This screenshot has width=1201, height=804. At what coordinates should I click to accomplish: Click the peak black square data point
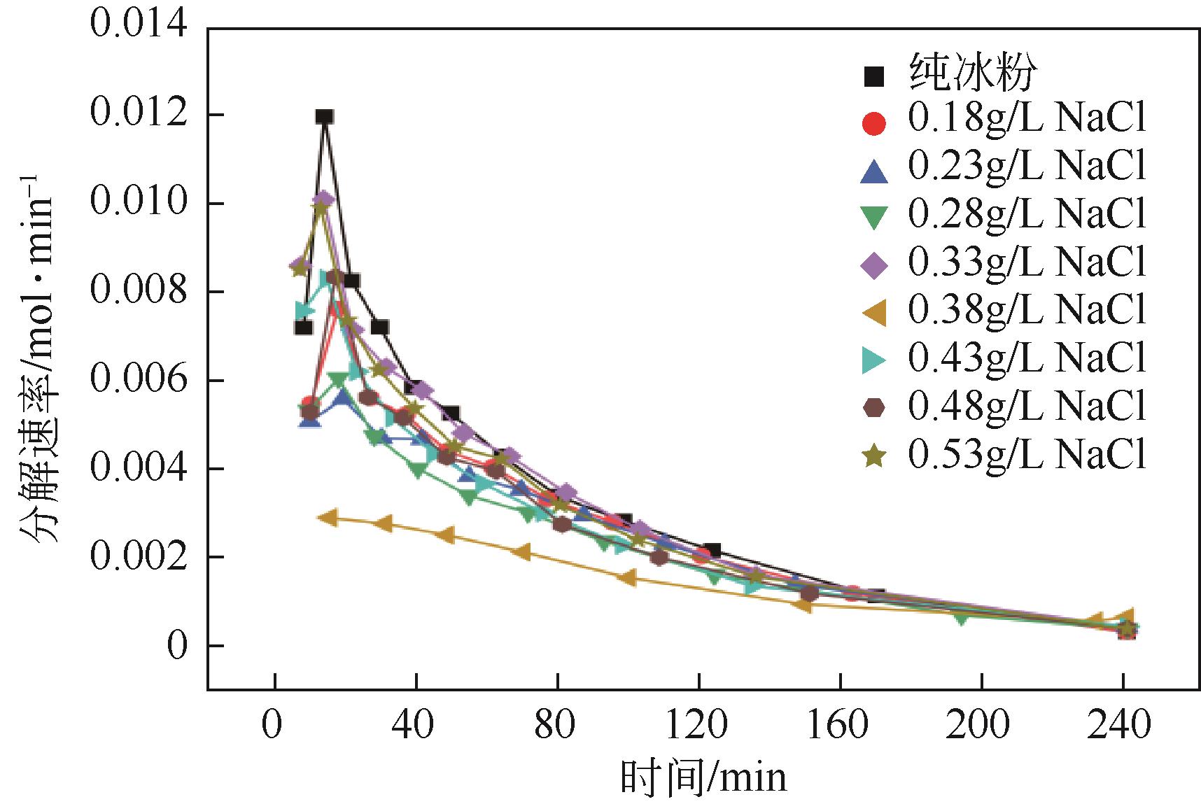(x=324, y=117)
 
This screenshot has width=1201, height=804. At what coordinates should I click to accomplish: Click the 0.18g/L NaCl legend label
(x=1027, y=120)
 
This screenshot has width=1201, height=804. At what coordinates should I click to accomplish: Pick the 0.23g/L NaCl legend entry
(x=1027, y=167)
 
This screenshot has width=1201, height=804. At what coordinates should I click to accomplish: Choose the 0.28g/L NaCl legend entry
(x=1027, y=214)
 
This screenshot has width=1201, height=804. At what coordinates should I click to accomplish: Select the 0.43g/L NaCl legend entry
(x=1027, y=358)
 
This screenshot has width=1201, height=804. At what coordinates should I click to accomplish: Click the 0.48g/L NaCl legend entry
(x=1027, y=406)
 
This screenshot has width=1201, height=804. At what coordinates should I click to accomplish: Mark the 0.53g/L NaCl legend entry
(x=1027, y=455)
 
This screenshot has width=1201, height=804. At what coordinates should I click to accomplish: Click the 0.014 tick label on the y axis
(x=139, y=27)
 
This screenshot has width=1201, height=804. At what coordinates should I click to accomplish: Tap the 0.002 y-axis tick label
(x=139, y=556)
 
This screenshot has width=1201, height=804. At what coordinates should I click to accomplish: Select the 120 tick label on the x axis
(x=699, y=726)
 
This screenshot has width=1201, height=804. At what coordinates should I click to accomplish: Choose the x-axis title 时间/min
(x=703, y=778)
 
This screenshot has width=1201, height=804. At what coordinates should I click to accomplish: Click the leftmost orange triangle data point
(x=328, y=518)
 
